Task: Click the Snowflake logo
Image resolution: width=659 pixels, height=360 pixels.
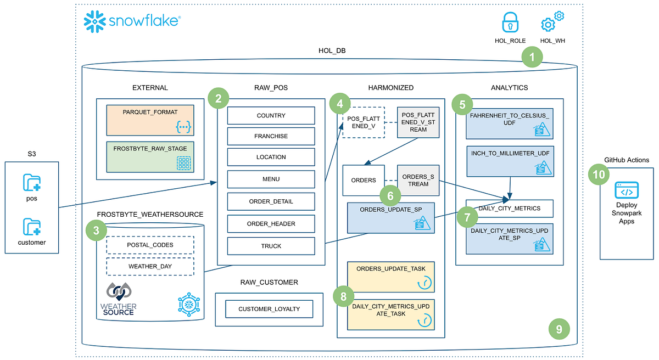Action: pyautogui.click(x=131, y=21)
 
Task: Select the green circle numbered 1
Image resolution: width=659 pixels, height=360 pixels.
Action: pyautogui.click(x=532, y=57)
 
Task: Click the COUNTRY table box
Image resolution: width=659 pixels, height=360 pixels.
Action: pyautogui.click(x=271, y=116)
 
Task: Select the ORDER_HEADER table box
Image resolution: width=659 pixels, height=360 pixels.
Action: pyautogui.click(x=271, y=223)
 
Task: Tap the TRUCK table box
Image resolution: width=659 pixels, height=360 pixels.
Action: pyautogui.click(x=271, y=246)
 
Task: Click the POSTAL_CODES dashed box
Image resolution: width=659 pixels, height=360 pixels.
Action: pyautogui.click(x=150, y=245)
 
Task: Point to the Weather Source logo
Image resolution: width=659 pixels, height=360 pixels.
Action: pyautogui.click(x=118, y=299)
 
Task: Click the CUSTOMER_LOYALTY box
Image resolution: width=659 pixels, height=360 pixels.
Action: pyautogui.click(x=269, y=309)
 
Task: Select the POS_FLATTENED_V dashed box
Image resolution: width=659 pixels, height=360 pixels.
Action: pyautogui.click(x=363, y=122)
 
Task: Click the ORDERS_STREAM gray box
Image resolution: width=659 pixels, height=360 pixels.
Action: pyautogui.click(x=418, y=181)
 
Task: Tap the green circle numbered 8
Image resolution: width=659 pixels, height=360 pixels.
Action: pyautogui.click(x=344, y=297)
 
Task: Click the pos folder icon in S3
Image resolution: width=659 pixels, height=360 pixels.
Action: pyautogui.click(x=32, y=182)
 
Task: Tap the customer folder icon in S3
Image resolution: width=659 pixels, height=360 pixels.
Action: pyautogui.click(x=32, y=227)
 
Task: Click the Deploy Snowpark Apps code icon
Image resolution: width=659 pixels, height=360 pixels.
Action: pyautogui.click(x=626, y=193)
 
